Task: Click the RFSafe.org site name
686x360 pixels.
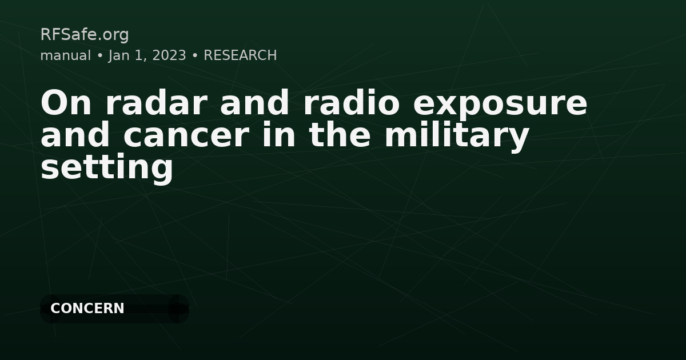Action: (85, 35)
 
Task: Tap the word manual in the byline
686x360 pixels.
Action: (66, 55)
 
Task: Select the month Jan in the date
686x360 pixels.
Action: (120, 55)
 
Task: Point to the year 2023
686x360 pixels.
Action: (169, 55)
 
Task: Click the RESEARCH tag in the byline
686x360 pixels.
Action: (240, 55)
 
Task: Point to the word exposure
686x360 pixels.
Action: (500, 104)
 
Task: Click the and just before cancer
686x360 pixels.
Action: (75, 136)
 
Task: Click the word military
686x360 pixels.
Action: (456, 136)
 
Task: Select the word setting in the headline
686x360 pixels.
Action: (107, 168)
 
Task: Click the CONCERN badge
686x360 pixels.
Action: (87, 309)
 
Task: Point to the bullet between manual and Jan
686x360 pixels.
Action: (99, 56)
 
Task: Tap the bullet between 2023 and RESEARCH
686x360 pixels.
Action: (195, 56)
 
